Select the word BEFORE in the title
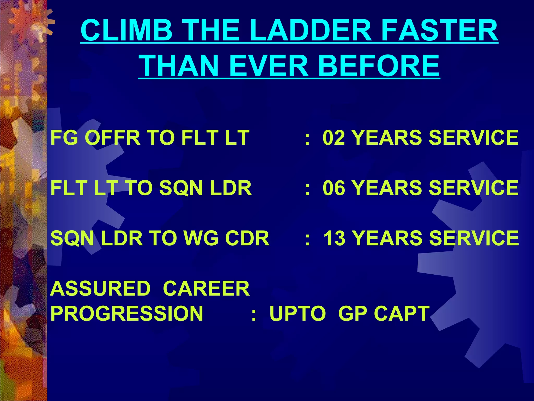coord(379,66)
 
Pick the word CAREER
coord(206,289)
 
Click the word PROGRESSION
coord(126,313)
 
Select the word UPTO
coord(297,313)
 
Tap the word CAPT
coord(402,313)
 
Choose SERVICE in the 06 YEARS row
coord(473,188)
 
